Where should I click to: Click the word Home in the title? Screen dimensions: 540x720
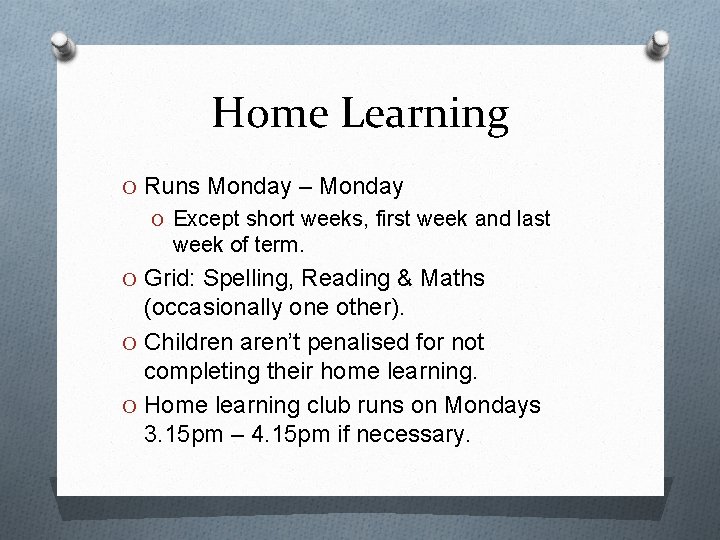pos(271,114)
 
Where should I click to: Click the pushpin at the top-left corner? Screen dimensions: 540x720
pos(64,46)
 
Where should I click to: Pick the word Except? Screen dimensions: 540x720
pos(203,219)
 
